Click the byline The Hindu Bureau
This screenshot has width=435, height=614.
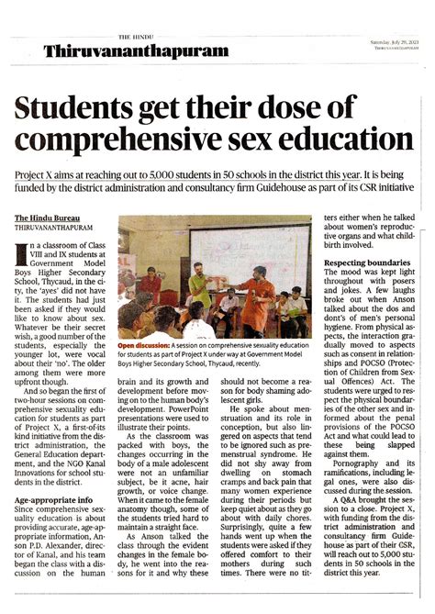pos(45,218)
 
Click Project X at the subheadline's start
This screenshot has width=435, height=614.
pos(35,174)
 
